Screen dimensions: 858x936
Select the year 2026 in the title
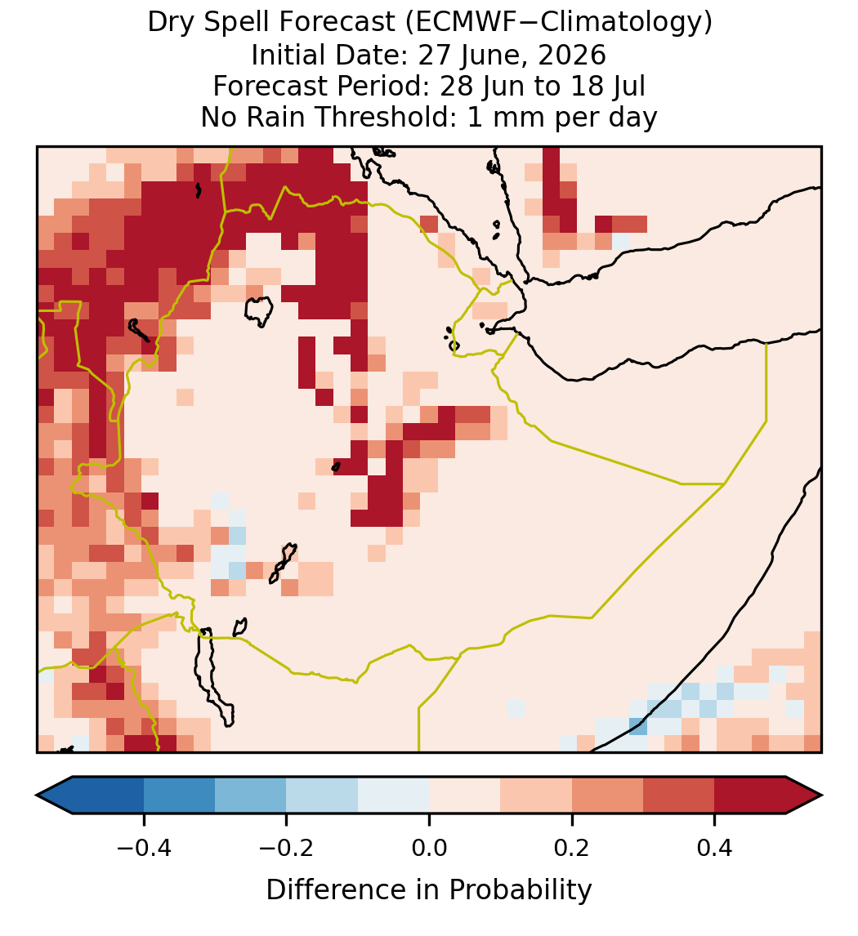(572, 55)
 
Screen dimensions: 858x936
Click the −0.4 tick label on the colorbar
(143, 848)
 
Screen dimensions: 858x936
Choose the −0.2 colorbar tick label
(286, 848)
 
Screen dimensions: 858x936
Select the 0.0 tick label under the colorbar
(429, 848)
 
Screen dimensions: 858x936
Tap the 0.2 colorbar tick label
(572, 848)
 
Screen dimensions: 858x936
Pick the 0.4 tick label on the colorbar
(715, 848)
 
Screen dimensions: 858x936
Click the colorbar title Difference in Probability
(429, 889)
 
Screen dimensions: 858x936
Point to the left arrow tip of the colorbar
(37, 796)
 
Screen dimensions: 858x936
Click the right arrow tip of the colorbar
(822, 796)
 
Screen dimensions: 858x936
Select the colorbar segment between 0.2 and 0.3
(607, 796)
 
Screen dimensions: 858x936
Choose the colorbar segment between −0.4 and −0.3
(179, 796)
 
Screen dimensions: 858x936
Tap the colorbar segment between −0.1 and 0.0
(394, 796)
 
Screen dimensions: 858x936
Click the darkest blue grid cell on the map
(637, 726)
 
